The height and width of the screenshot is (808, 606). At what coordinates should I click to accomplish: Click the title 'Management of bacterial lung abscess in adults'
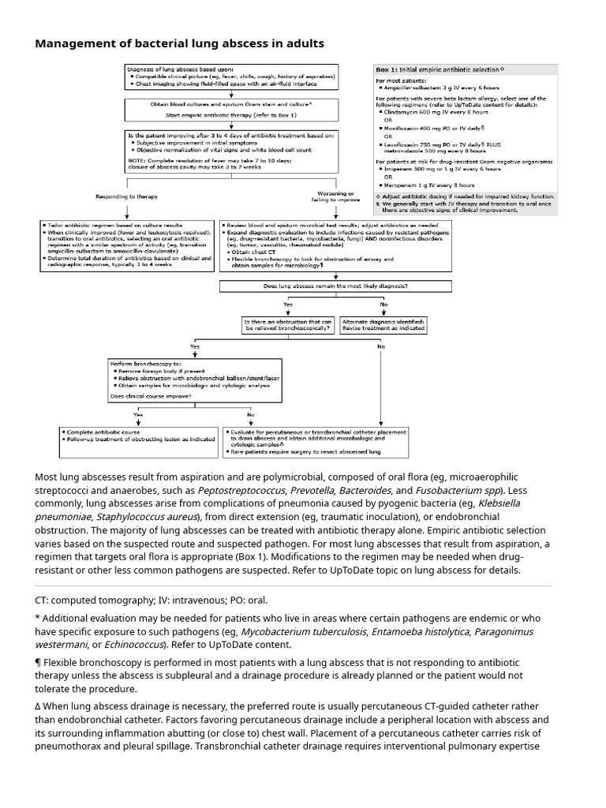179,43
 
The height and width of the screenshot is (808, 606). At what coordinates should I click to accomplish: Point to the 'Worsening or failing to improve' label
335,195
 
